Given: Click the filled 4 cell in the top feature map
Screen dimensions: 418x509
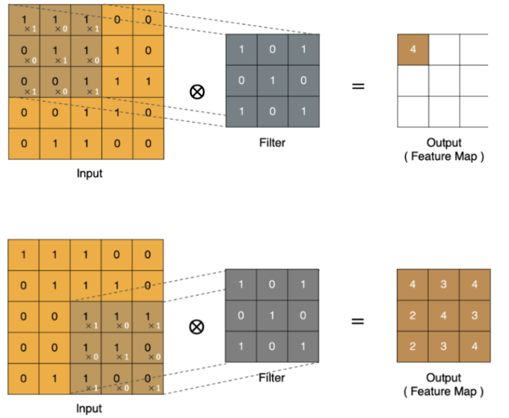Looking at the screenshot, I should [x=413, y=50].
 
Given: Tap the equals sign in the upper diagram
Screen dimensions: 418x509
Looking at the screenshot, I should [x=358, y=86].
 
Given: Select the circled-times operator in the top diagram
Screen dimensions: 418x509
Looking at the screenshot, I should [x=198, y=91].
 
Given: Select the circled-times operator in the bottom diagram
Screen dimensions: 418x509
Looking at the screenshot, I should [x=197, y=326].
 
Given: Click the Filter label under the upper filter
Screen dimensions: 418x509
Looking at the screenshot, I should [x=272, y=142].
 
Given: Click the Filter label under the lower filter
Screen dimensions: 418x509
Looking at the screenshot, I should [x=272, y=378].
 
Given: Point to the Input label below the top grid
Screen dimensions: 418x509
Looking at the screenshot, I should [x=89, y=173].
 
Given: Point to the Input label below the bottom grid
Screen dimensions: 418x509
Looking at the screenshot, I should [x=89, y=408].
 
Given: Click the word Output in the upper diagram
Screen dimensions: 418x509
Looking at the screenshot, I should [x=444, y=143].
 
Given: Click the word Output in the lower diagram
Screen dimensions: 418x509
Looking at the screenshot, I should [x=444, y=378].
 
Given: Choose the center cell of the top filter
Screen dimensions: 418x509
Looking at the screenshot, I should [x=272, y=81].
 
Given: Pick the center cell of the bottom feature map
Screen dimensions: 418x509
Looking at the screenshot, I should [x=444, y=316].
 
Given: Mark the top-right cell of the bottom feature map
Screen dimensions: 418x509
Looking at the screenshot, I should [x=475, y=285].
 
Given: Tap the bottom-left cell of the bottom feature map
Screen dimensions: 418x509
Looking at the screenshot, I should [x=413, y=347].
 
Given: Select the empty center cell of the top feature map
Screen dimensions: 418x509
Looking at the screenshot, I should [x=444, y=81].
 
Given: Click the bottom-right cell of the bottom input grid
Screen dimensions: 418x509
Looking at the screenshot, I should [x=148, y=379].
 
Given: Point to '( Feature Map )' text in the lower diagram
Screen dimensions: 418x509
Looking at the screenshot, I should [x=444, y=392].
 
